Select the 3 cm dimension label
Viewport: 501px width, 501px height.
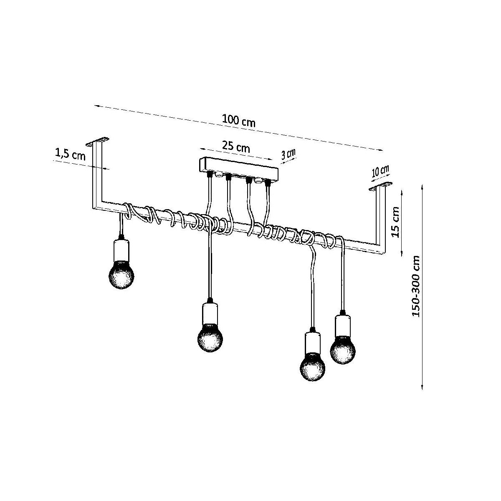(x=288, y=154)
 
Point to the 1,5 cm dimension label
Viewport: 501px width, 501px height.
(x=70, y=155)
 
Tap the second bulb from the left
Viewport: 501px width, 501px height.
(x=210, y=337)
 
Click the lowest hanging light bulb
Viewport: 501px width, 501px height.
(x=313, y=366)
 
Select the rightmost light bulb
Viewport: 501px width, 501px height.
(x=343, y=350)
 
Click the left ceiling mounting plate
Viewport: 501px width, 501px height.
(x=98, y=141)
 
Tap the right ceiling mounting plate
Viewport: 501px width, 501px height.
(x=381, y=186)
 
